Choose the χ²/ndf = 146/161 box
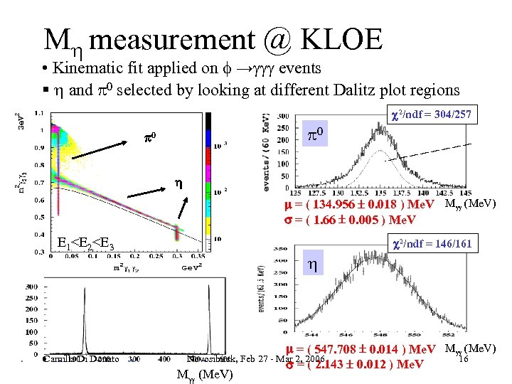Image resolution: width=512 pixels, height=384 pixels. point(431,244)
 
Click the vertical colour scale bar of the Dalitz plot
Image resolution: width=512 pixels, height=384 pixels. point(208,181)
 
